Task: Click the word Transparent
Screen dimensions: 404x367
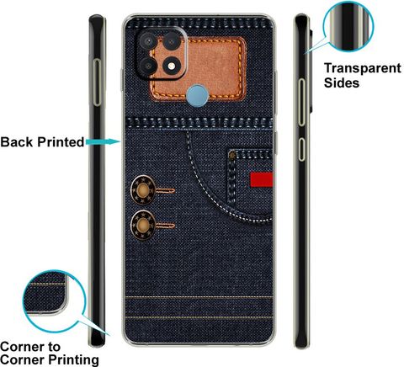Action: [363, 68]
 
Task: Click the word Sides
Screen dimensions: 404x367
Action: [342, 82]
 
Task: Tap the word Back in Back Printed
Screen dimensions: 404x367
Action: [17, 142]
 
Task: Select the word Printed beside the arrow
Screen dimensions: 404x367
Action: [61, 142]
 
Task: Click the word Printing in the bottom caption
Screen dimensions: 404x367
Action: [74, 360]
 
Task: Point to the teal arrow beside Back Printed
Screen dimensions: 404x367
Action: [104, 141]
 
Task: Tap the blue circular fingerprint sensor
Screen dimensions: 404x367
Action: [197, 96]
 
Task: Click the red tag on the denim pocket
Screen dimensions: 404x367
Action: [261, 179]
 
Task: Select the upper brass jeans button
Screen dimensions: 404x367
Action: [143, 190]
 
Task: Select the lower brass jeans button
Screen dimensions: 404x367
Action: [143, 226]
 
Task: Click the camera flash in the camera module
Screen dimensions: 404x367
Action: [172, 66]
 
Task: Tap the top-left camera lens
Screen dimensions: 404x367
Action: [147, 41]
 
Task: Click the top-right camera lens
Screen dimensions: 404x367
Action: [171, 41]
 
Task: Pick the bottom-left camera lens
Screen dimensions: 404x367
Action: [148, 66]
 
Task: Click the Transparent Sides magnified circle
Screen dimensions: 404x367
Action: [348, 26]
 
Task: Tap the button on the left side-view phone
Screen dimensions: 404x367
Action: [97, 82]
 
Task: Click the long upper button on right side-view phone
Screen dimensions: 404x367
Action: [301, 102]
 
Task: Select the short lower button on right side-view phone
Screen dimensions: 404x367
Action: [301, 149]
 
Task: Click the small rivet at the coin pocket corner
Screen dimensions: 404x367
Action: [231, 155]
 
